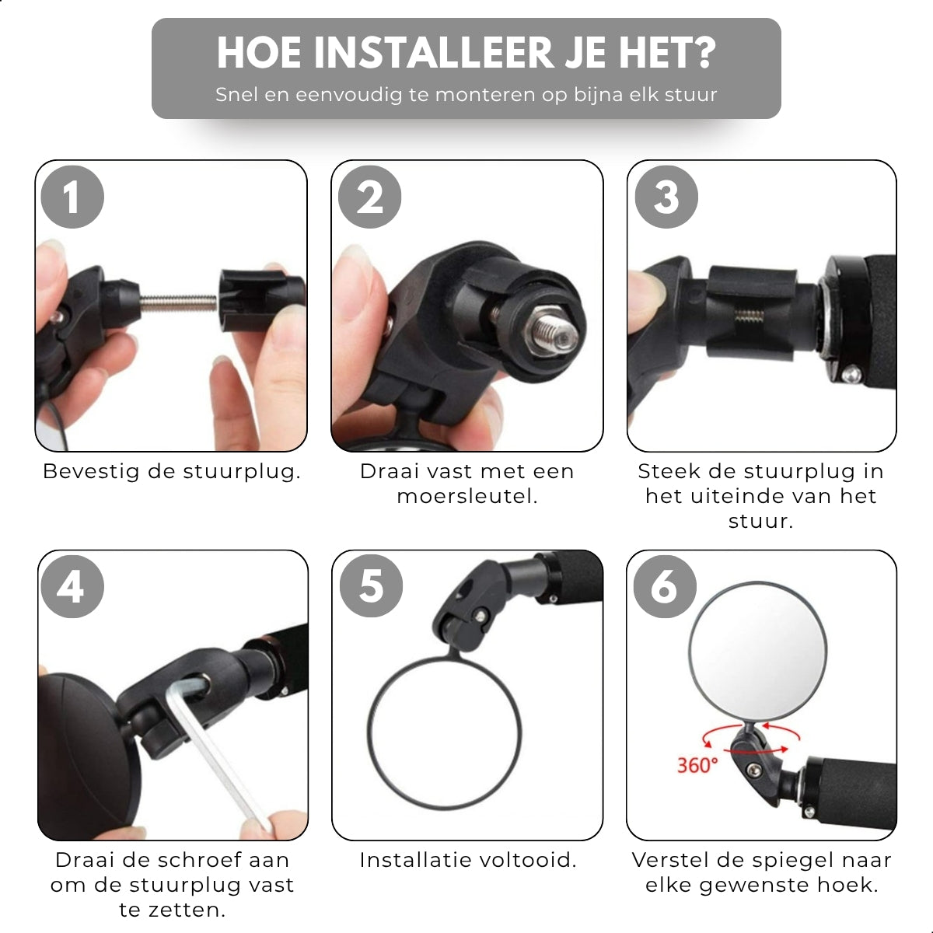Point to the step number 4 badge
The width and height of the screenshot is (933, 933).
tap(71, 586)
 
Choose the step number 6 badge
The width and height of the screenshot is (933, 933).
tap(664, 586)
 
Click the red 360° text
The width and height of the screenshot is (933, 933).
tap(697, 765)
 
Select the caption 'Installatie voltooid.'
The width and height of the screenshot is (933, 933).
tap(467, 860)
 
